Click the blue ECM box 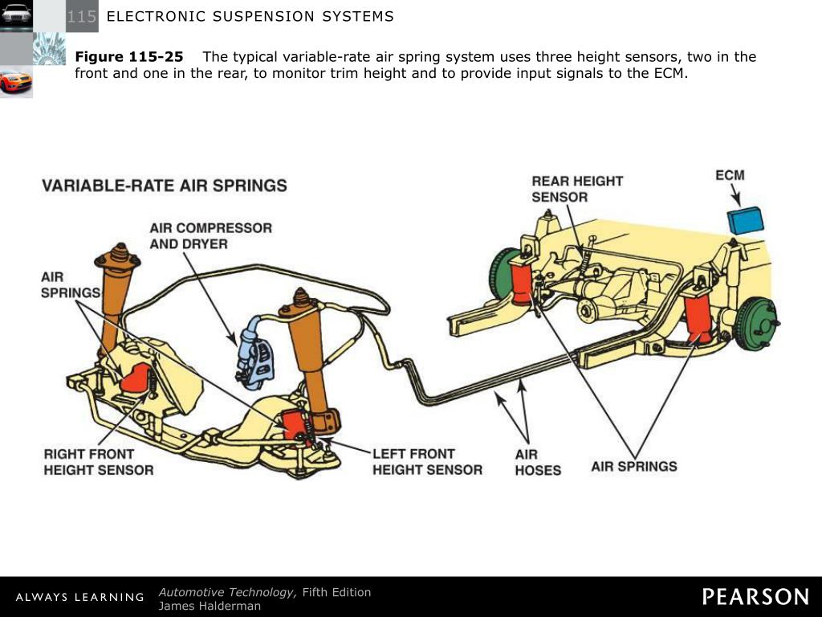[x=746, y=219]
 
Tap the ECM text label [x=730, y=175]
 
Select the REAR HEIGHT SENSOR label [x=577, y=189]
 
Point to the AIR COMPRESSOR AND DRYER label [x=210, y=236]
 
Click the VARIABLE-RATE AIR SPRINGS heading [x=164, y=186]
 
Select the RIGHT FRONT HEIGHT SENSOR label [x=98, y=462]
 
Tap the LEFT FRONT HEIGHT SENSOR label [x=427, y=462]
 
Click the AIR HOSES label [x=538, y=463]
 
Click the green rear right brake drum [x=755, y=324]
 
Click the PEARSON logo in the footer [x=755, y=597]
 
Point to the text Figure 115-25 [x=128, y=56]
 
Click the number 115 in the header [x=81, y=17]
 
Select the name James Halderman [x=210, y=606]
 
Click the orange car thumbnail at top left [x=16, y=81]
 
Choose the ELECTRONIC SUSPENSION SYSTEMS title [x=250, y=16]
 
